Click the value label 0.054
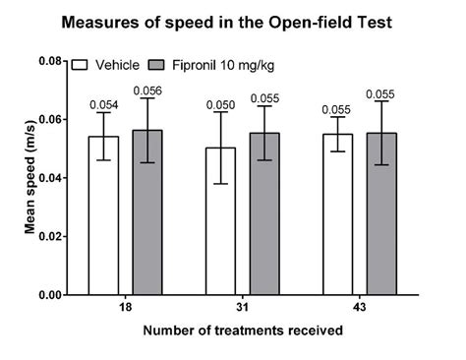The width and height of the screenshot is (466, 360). click(x=103, y=104)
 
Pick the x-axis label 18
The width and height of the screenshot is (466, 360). click(x=125, y=310)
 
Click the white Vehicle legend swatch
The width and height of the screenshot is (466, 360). click(x=81, y=64)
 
